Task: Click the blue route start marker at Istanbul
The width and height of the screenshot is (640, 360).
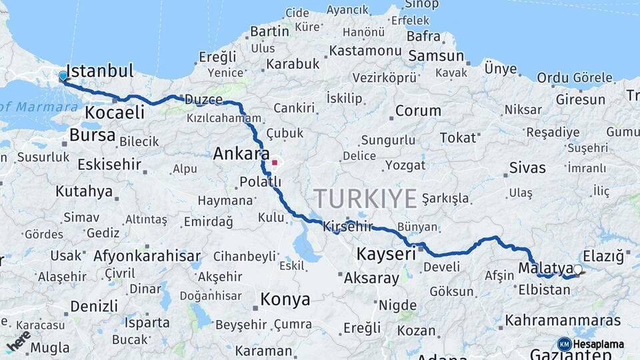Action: [63, 77]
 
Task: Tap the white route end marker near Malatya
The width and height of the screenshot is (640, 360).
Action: [577, 270]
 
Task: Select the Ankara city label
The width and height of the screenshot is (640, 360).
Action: [237, 154]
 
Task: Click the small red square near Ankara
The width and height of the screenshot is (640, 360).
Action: [275, 162]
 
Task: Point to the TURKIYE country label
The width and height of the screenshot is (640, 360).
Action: [365, 199]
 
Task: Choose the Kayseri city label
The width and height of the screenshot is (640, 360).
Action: [386, 253]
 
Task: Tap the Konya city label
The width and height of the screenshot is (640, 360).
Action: [285, 299]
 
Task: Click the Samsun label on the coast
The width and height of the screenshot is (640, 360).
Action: [436, 56]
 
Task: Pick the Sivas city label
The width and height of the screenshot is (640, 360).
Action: [527, 167]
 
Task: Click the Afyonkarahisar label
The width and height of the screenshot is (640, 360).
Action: [147, 255]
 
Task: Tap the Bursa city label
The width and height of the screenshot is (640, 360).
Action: [92, 135]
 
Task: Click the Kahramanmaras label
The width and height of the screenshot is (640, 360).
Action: [563, 321]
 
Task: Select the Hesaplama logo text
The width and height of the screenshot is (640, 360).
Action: [598, 344]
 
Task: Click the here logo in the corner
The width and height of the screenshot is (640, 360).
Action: [19, 341]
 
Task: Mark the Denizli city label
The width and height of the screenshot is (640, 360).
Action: [93, 306]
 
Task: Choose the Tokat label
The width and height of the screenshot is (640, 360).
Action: [458, 137]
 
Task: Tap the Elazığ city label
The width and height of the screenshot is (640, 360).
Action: [603, 256]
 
